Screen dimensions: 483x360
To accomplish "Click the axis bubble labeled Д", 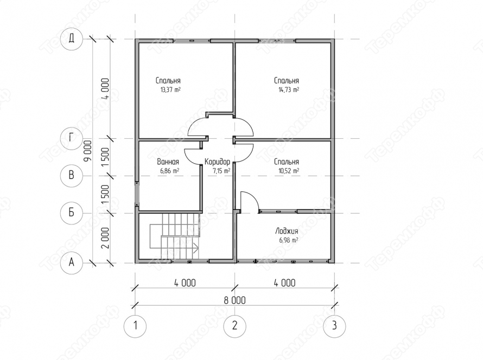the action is click(72, 39).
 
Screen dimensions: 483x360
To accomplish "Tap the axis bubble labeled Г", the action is click(72, 138).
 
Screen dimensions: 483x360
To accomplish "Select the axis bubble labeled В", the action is click(72, 175).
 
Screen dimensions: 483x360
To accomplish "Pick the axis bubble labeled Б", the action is click(72, 213).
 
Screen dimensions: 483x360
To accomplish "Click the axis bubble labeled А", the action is click(72, 262).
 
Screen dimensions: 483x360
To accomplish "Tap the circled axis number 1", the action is click(135, 325).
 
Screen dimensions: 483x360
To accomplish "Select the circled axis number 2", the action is click(235, 325).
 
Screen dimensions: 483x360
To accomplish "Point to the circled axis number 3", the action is click(334, 325).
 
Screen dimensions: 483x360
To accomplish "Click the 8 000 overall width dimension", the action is click(235, 300).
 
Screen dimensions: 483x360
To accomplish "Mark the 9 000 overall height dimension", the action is click(88, 151).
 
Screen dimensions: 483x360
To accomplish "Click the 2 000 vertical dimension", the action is click(105, 238).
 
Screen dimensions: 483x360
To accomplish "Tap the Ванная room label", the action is click(168, 162).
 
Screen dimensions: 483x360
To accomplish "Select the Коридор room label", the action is click(217, 162).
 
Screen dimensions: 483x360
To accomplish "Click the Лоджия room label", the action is click(287, 231).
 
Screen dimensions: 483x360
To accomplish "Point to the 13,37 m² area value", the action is click(170, 90).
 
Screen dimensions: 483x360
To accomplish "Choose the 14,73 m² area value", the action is click(289, 90).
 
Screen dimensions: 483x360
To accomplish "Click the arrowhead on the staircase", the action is click(196, 247).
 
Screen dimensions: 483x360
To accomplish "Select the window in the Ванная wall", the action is click(137, 194).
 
